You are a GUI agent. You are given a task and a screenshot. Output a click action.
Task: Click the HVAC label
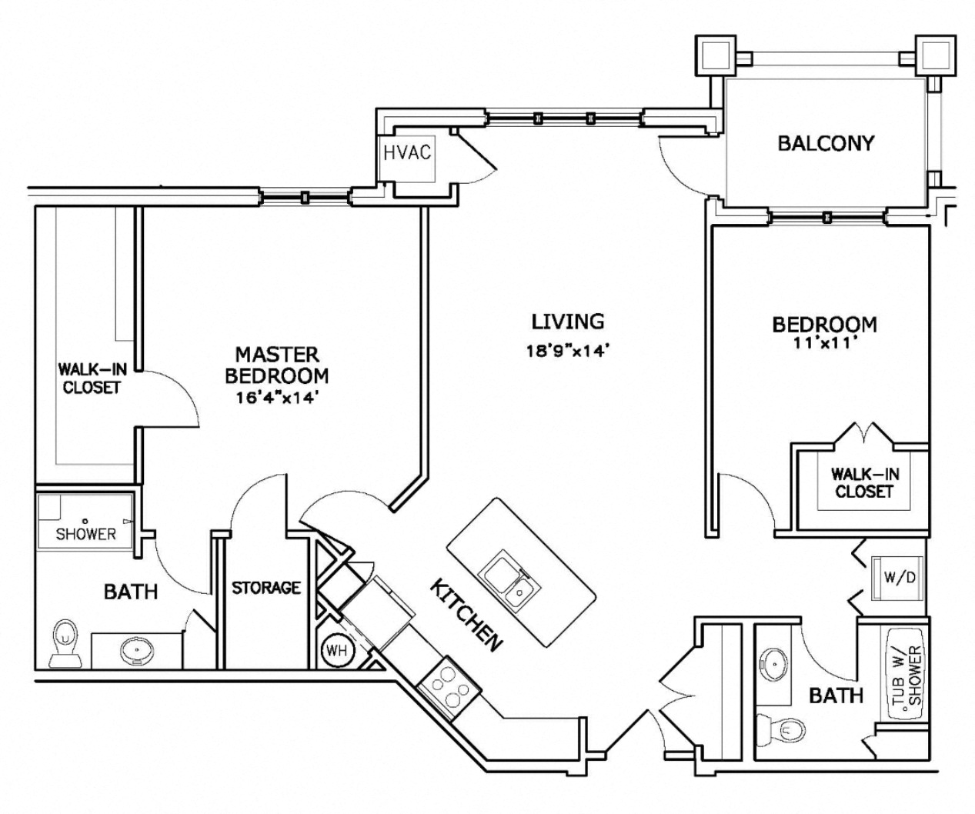tap(407, 152)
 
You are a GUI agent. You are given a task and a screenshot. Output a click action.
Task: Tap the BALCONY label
tap(826, 143)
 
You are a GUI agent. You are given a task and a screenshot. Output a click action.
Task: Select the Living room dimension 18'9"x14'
tap(567, 351)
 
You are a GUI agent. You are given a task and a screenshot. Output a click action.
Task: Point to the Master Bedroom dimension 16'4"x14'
tap(278, 398)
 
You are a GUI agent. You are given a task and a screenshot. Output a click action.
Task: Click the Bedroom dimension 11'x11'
tap(824, 344)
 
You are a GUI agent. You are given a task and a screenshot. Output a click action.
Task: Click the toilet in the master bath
tap(65, 643)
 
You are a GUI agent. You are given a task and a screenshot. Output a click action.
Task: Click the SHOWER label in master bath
tap(85, 534)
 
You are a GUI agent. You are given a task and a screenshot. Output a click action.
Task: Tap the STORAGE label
tap(265, 588)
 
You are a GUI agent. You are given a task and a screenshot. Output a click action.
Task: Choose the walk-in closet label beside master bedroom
tap(92, 379)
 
